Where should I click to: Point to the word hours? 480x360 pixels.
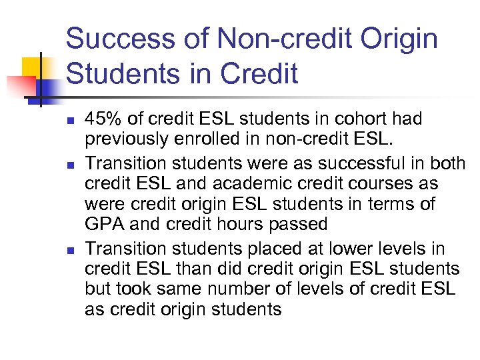point(231,223)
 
